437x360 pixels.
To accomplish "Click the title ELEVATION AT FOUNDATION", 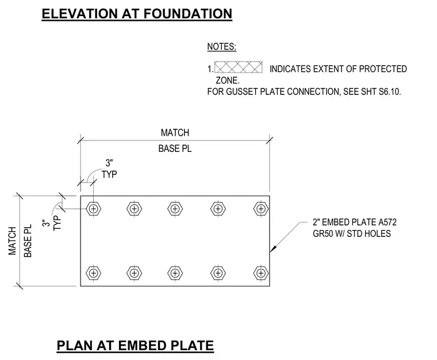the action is (x=137, y=14).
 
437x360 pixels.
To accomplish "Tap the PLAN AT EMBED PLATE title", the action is (x=135, y=346).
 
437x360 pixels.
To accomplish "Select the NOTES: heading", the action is (x=221, y=47).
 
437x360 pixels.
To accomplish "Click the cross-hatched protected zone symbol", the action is (x=238, y=67).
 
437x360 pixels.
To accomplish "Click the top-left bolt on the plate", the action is (x=94, y=209).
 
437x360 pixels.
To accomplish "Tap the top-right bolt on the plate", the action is (x=261, y=209).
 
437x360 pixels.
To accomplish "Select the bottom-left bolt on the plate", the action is (x=94, y=273).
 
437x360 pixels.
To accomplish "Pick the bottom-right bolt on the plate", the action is (x=261, y=273).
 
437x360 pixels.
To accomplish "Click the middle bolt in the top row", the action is (x=175, y=209).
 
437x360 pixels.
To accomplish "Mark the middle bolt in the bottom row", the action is (x=175, y=273).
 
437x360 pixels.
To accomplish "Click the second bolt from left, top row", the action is (x=135, y=209).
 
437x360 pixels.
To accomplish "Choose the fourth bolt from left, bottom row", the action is (x=218, y=273).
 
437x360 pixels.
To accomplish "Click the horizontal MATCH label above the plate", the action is (x=175, y=133).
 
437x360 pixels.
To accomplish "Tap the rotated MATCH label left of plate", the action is (x=12, y=241).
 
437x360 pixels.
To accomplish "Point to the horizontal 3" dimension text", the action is (x=109, y=163).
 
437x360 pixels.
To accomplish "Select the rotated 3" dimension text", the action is (x=45, y=224).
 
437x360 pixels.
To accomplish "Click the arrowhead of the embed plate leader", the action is (x=272, y=250).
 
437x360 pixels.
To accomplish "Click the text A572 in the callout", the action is (x=387, y=222).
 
